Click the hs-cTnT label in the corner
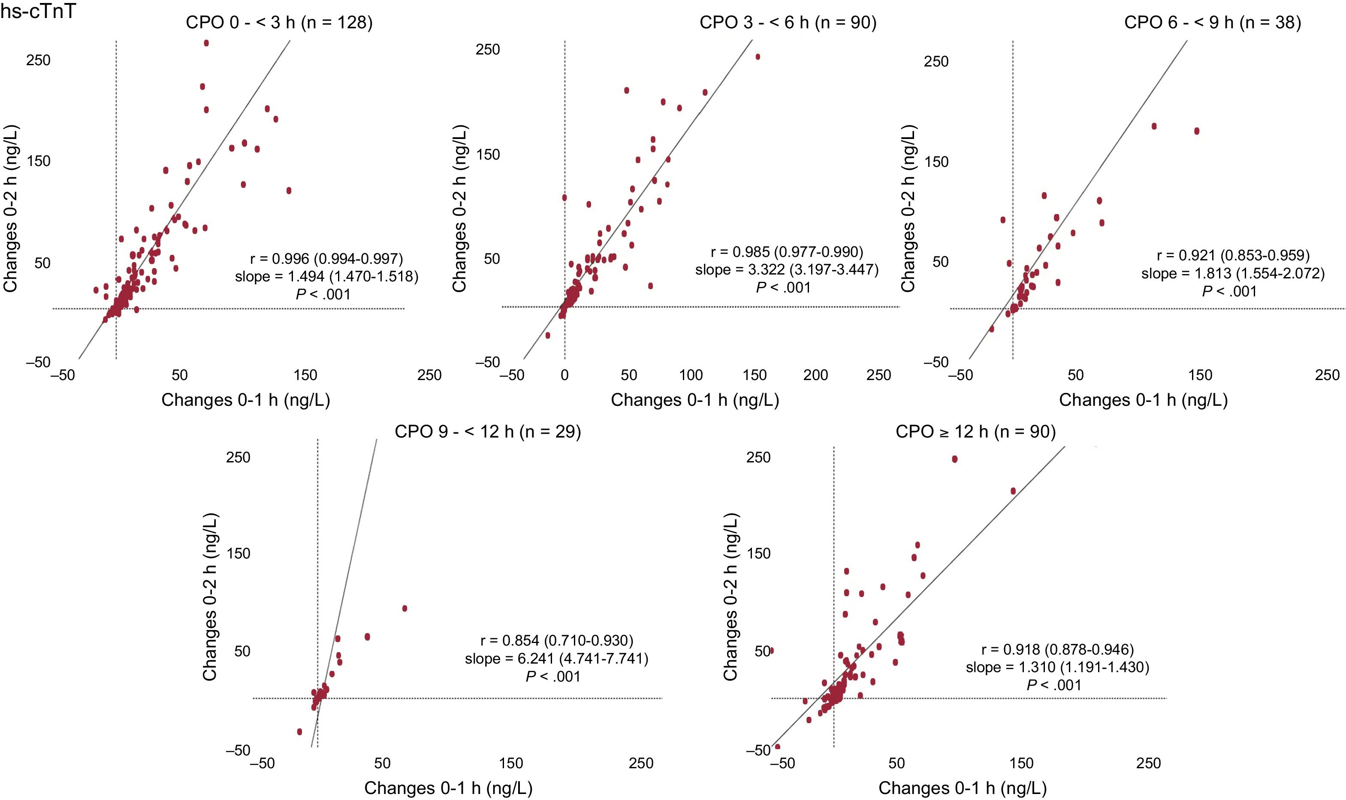coord(38,11)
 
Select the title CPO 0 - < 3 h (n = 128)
coord(279,23)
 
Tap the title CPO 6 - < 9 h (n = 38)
coord(1212,23)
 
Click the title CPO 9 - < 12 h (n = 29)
coord(488,432)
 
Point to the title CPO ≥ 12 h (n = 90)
coord(976,432)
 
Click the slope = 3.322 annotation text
coord(787,269)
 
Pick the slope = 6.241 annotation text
coord(556,659)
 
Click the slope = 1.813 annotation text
coord(1233,273)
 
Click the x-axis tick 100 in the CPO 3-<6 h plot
coord(691,375)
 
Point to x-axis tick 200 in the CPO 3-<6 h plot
coord(815,375)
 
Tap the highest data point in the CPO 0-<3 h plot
coord(206,43)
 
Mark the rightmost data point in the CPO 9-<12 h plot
coord(405,609)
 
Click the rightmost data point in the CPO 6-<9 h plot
coord(1197,131)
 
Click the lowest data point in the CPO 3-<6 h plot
coord(548,335)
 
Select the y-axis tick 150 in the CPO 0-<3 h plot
coord(39,161)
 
